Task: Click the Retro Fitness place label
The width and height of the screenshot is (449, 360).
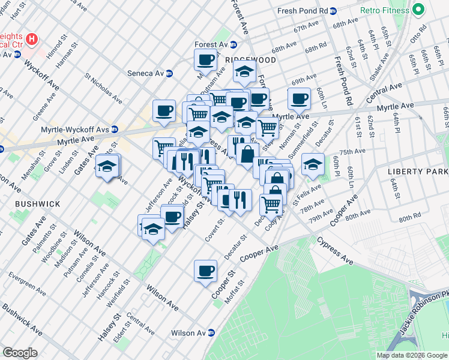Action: click(x=384, y=10)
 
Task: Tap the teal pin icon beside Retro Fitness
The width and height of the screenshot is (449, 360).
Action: click(x=418, y=10)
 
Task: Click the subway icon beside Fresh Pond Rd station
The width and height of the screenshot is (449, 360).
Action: click(x=334, y=11)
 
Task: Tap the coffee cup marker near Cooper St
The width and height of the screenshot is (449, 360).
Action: click(x=206, y=270)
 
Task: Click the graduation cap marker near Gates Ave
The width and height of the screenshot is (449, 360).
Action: click(x=108, y=166)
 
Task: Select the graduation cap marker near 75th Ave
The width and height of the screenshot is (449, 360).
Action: click(x=313, y=164)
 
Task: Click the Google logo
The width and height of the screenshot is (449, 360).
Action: click(x=20, y=353)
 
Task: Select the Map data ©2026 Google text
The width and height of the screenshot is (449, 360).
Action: click(x=411, y=355)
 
